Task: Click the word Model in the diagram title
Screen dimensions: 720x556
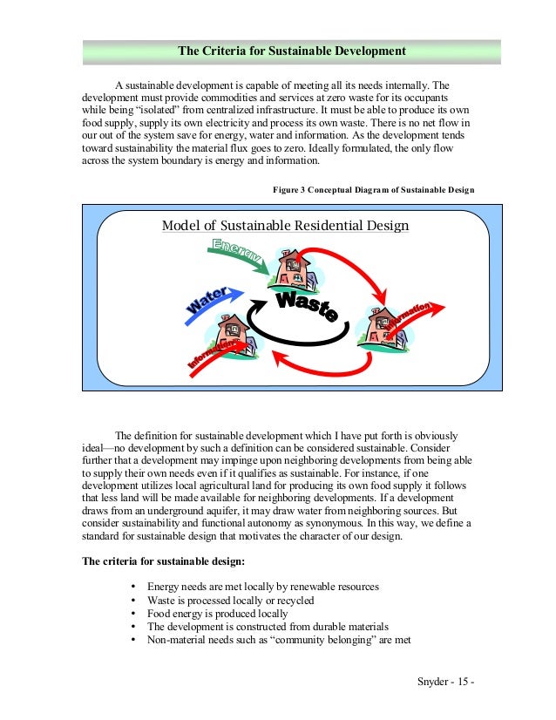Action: pyautogui.click(x=181, y=227)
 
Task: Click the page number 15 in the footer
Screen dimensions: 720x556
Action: pyautogui.click(x=463, y=680)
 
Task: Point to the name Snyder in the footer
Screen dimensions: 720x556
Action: pyautogui.click(x=435, y=680)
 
